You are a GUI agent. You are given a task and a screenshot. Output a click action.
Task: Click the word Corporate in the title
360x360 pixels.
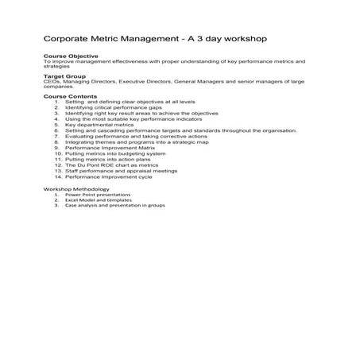point(67,38)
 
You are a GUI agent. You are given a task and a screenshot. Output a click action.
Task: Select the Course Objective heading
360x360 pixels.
point(71,56)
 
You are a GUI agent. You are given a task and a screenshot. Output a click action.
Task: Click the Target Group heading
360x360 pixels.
point(64,76)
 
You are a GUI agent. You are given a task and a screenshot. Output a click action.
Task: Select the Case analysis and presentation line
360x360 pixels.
point(115,205)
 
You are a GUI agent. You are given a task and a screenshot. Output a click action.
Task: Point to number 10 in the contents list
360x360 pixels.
point(58,153)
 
